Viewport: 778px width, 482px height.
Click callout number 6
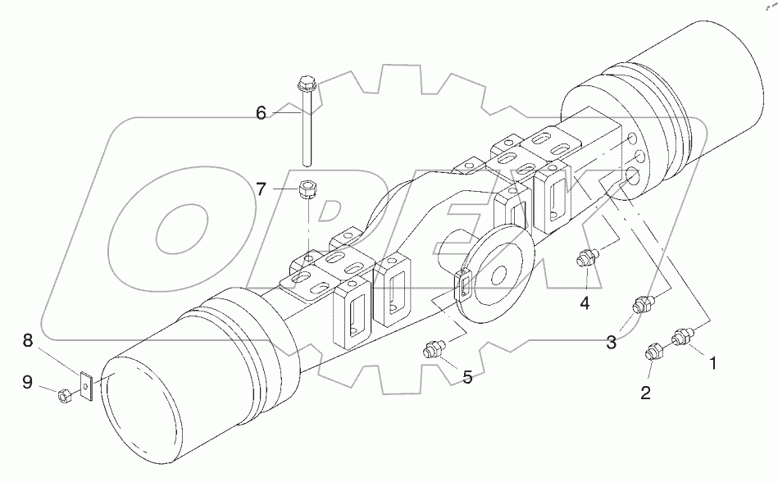261,113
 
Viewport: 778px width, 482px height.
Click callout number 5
466,378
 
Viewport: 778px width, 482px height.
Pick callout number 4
585,303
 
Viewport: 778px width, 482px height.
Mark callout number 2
645,393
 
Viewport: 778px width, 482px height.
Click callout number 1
712,361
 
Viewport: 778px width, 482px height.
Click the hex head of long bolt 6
306,82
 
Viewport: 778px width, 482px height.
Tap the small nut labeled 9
66,397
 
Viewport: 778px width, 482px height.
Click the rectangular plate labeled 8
85,385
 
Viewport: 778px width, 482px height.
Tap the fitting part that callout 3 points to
643,307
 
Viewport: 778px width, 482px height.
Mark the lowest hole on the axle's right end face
633,178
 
